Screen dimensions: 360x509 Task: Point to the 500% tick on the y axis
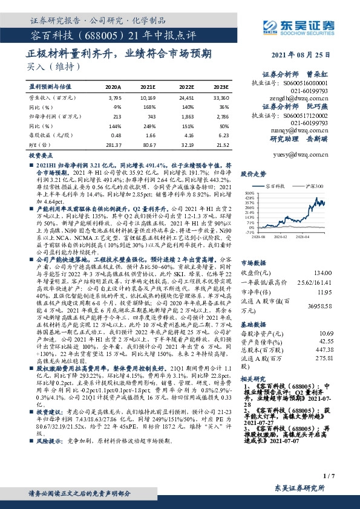pos(248,192)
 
